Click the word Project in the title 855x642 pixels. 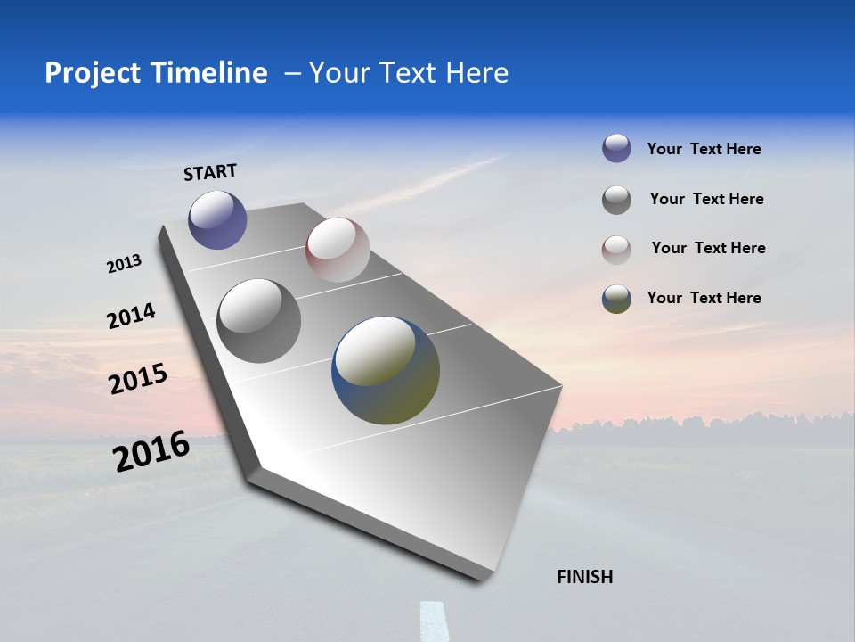click(94, 73)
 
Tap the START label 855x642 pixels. click(210, 172)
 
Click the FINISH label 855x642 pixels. click(585, 577)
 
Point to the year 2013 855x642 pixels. click(125, 264)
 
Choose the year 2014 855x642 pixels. click(132, 317)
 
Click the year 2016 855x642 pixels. click(151, 451)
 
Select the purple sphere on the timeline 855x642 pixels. click(217, 219)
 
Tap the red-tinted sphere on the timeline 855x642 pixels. click(338, 250)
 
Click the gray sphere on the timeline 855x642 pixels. click(259, 321)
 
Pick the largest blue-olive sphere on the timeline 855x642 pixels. click(386, 370)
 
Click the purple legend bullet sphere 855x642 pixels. click(616, 149)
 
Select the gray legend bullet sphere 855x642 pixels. click(616, 200)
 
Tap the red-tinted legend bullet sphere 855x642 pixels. click(616, 250)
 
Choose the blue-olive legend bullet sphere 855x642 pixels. click(616, 299)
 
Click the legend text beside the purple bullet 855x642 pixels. click(704, 149)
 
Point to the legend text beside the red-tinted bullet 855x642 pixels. click(709, 248)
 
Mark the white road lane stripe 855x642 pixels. click(435, 621)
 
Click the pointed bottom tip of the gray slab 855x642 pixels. click(482, 578)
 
